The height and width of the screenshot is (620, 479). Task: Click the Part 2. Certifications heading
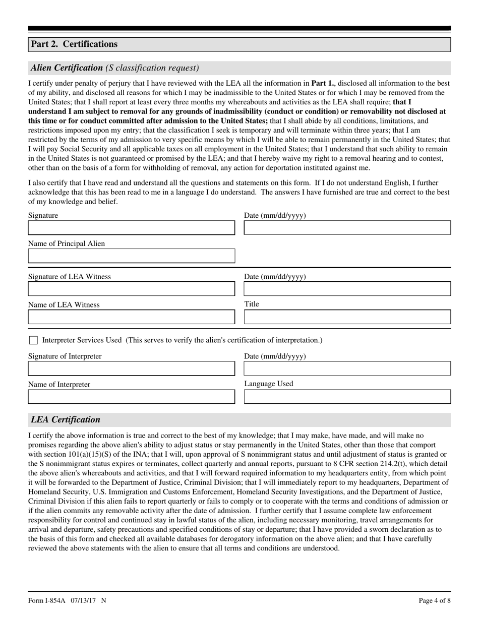[x=74, y=44]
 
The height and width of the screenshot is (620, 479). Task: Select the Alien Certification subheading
[x=67, y=68]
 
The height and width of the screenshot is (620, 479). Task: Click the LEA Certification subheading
[x=66, y=419]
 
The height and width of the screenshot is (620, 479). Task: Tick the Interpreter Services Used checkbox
[x=33, y=341]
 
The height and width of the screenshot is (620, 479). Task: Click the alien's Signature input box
[x=131, y=228]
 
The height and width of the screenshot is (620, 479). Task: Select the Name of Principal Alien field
[x=131, y=256]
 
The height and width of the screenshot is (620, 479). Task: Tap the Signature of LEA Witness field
[x=131, y=289]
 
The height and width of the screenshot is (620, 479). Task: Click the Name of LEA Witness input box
[x=131, y=317]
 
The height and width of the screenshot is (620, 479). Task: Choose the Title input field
[x=347, y=317]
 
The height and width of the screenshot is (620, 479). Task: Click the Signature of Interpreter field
[x=131, y=368]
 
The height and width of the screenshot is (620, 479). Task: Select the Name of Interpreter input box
[x=131, y=397]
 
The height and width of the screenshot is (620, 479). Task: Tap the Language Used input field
[x=347, y=397]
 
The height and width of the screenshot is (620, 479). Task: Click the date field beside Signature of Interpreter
[x=347, y=368]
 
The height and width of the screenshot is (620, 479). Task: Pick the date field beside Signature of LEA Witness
[x=347, y=289]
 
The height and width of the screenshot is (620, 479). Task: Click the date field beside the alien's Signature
[x=347, y=228]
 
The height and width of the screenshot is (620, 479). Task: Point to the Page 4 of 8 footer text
[x=435, y=600]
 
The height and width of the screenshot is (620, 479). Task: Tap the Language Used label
[x=268, y=384]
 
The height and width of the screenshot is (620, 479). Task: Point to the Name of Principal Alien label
[x=67, y=244]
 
